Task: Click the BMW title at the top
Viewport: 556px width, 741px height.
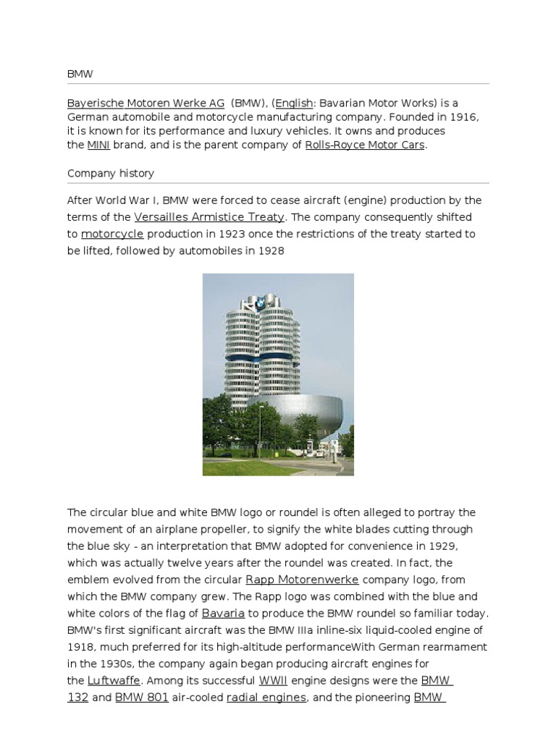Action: tap(80, 74)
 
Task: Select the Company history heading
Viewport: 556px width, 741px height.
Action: tap(110, 174)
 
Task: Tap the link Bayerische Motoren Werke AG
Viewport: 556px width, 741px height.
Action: tap(146, 103)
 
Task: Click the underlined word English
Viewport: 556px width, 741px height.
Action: tap(294, 103)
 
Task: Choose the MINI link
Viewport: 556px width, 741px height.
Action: tap(98, 145)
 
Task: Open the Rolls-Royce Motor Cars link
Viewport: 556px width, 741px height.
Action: tap(364, 145)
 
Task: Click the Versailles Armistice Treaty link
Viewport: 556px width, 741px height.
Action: tap(210, 217)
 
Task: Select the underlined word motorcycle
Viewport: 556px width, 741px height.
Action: tap(112, 234)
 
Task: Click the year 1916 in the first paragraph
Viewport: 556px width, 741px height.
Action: tap(464, 117)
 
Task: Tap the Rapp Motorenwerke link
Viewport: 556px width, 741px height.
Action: tap(302, 580)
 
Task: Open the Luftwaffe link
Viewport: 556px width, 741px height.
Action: tap(114, 680)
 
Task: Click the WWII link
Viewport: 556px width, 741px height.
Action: tap(273, 680)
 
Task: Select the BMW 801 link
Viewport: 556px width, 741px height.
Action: tap(142, 698)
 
